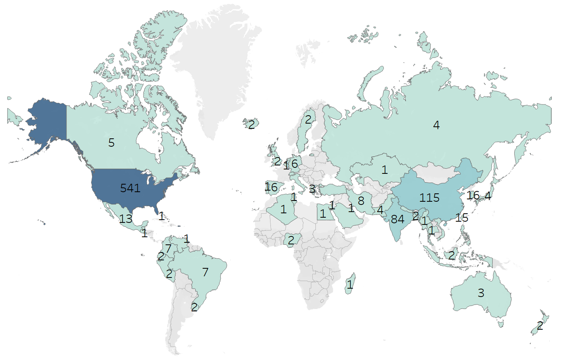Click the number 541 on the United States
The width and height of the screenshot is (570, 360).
point(130,188)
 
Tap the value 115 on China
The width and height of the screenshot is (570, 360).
point(429,198)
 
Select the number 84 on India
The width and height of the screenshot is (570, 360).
point(398,219)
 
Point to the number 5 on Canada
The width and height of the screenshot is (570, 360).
point(112,143)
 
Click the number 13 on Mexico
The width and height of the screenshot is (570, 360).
point(126,218)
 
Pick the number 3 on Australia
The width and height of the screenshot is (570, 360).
point(481,293)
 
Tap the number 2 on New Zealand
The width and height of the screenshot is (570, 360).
point(540,326)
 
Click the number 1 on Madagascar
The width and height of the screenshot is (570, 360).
point(350,284)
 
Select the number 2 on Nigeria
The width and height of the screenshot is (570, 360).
point(291,240)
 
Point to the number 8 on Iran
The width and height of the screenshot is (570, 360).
point(361,201)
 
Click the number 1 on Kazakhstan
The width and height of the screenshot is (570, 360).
point(384,170)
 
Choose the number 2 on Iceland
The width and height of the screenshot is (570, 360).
point(251,125)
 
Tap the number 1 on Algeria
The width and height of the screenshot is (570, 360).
point(283,209)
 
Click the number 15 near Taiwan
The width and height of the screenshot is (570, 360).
point(462,218)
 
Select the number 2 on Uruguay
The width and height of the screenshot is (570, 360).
point(194,307)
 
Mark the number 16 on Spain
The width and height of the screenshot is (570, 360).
point(271,187)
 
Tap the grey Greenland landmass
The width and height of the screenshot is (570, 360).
point(215,60)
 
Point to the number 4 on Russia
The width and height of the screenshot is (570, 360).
point(436,125)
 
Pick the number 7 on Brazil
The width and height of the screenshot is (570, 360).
point(205,272)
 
